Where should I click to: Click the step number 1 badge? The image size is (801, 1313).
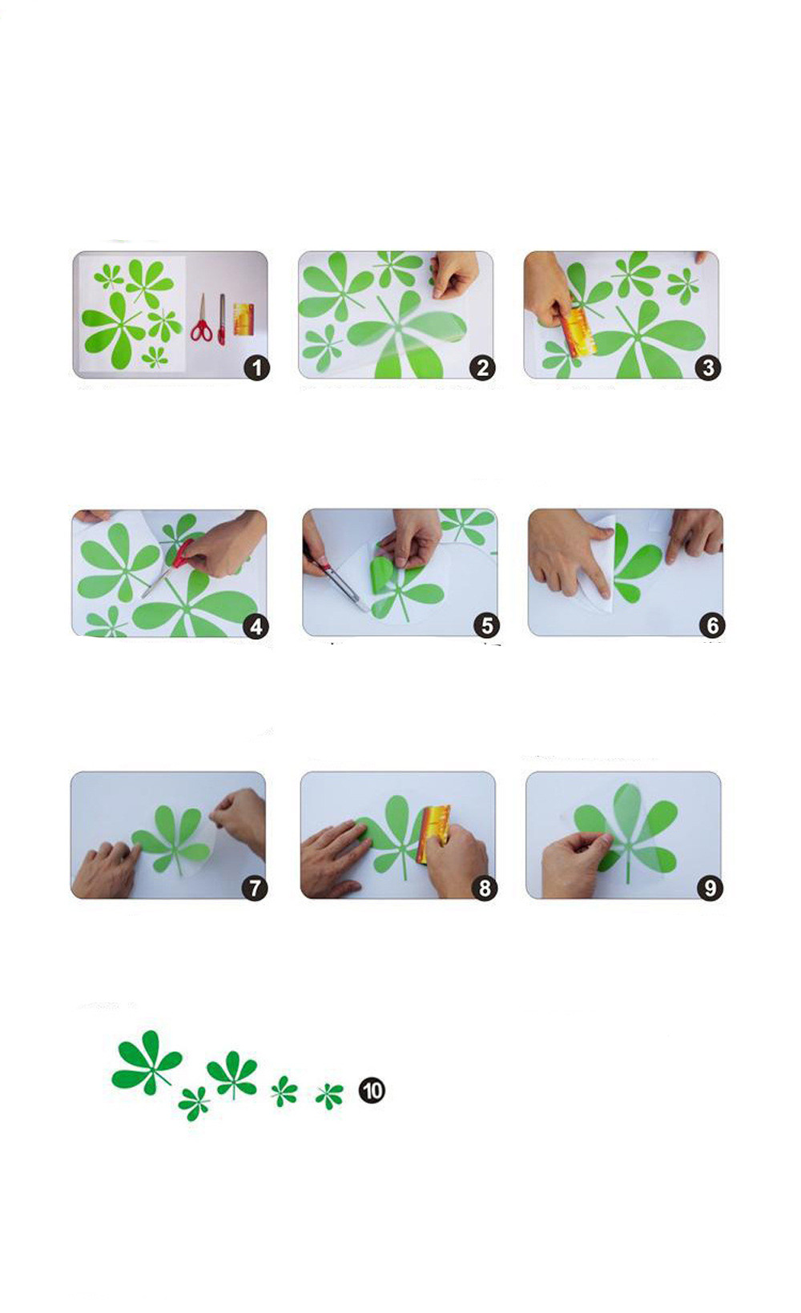(x=257, y=368)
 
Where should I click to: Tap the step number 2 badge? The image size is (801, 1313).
(x=482, y=368)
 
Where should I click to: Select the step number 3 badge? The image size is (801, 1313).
(x=708, y=368)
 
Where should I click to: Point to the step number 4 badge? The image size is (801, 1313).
(x=256, y=627)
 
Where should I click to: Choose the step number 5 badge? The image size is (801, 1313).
(x=487, y=626)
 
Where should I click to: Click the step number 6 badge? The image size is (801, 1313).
(x=712, y=626)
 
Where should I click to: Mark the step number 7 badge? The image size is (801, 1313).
(x=255, y=888)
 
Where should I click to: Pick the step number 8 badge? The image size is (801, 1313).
(x=485, y=888)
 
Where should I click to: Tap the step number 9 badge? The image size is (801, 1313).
(x=710, y=888)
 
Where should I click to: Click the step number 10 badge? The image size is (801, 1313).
(x=372, y=1091)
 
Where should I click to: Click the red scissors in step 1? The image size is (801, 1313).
(x=201, y=319)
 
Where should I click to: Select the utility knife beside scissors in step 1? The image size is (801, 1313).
(x=222, y=319)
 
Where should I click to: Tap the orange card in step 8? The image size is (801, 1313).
(x=433, y=833)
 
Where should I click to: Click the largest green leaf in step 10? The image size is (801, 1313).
(x=147, y=1062)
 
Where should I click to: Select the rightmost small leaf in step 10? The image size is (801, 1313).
(x=329, y=1095)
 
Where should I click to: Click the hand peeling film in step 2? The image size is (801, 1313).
(x=454, y=274)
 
